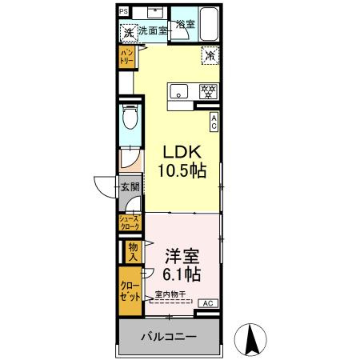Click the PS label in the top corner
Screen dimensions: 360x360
point(122,11)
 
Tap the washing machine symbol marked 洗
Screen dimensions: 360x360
point(128,33)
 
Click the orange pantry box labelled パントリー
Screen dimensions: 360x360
point(127,57)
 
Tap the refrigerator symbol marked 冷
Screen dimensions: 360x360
point(210,57)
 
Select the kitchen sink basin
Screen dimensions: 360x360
point(178,90)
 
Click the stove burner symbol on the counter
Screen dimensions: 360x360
point(206,90)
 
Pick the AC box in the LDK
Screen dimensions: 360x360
point(214,121)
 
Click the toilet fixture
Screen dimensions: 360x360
point(130,120)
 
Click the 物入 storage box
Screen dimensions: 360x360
point(132,252)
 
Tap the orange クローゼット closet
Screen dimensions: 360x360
point(130,290)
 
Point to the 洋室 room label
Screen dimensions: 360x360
point(181,257)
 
